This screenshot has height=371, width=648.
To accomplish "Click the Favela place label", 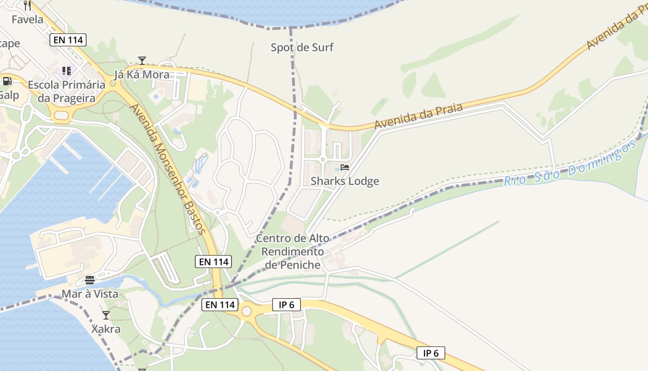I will click(27, 19).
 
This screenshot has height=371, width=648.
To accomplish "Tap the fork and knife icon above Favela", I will click(27, 6).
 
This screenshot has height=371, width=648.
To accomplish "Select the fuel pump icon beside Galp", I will click(7, 81).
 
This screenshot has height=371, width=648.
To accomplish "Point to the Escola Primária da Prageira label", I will click(67, 91).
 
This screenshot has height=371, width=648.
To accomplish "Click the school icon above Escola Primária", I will click(67, 71).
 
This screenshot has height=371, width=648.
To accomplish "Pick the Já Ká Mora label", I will click(142, 75).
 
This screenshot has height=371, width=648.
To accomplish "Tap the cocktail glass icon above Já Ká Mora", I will click(142, 61).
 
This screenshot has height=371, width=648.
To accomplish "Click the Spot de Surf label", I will click(302, 47).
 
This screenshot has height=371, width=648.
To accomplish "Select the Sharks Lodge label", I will click(345, 181).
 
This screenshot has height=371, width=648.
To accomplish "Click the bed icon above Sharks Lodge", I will click(345, 167).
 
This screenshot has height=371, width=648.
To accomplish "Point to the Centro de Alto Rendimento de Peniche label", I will click(293, 251).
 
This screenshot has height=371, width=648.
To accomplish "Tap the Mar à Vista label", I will click(90, 294).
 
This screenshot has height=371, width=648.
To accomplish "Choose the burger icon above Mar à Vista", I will click(90, 280).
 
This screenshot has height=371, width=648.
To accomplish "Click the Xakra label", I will click(106, 329).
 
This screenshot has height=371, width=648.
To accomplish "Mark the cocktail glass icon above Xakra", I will click(106, 315).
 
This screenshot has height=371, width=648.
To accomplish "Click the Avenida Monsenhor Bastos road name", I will click(167, 169).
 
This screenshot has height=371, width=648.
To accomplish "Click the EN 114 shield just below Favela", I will click(68, 40).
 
